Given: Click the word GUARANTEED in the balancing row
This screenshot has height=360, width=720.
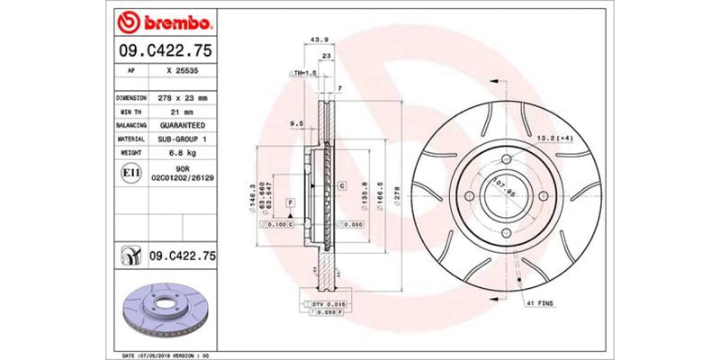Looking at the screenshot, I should pos(181,125).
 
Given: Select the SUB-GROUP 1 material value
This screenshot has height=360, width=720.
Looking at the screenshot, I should pos(181,139).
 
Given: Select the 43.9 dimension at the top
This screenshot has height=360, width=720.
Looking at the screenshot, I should pos(316,40).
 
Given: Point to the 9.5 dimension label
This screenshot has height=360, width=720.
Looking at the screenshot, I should pos(295,121).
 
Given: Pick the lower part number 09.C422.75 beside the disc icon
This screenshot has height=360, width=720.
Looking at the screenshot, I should pos(184,256).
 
